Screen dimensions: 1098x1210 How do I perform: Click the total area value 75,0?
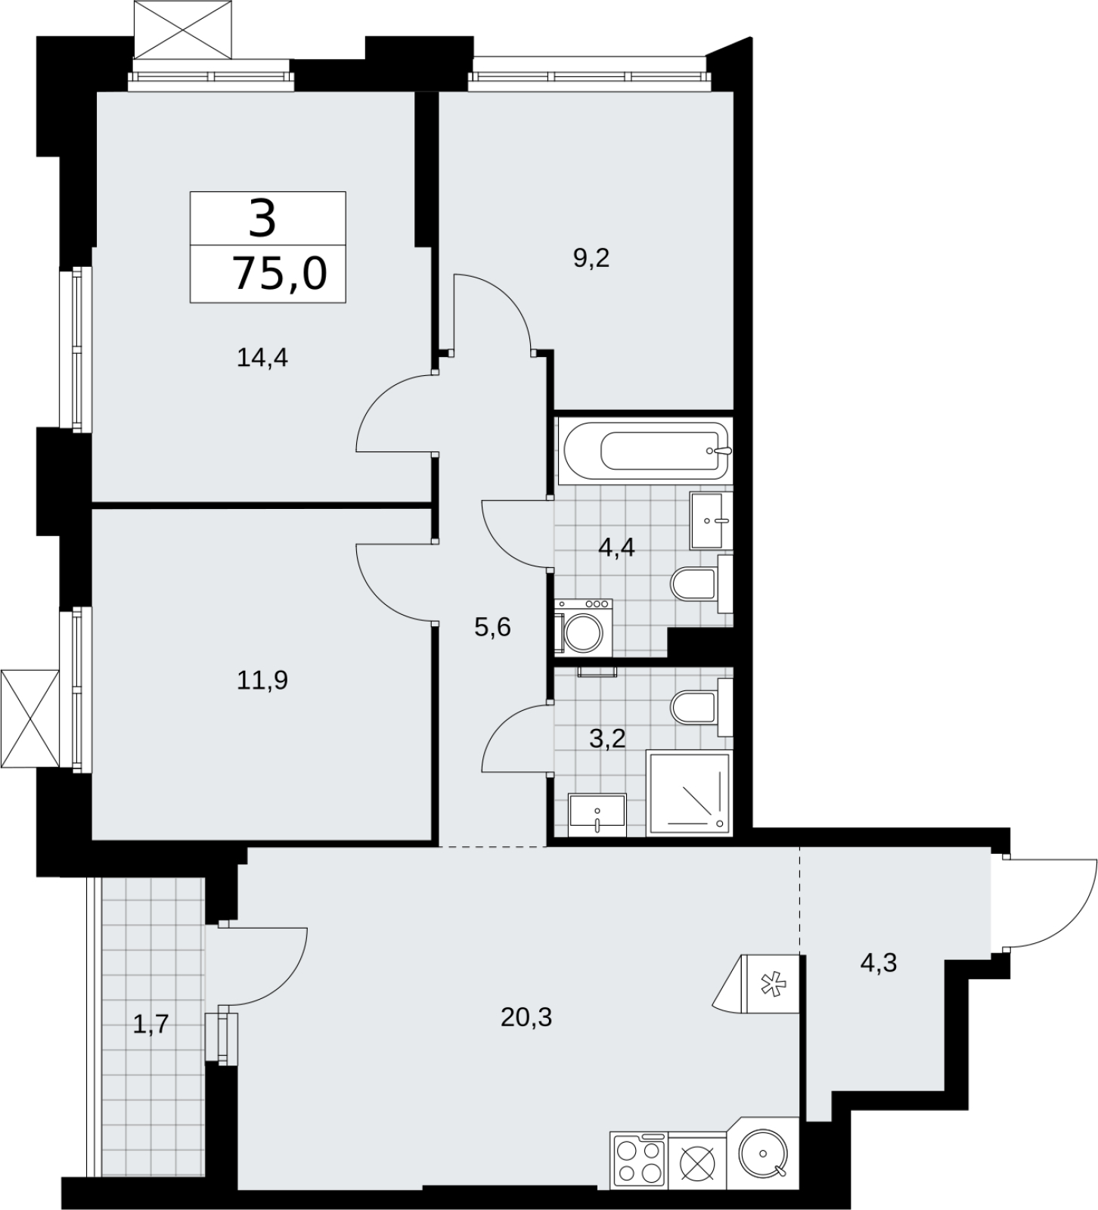click(280, 273)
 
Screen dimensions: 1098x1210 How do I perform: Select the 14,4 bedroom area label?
click(262, 357)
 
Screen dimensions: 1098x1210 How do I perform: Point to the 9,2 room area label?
click(591, 259)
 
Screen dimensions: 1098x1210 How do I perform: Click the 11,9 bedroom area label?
click(262, 681)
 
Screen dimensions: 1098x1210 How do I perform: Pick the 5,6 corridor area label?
click(493, 627)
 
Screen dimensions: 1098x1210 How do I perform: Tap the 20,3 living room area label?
click(526, 1018)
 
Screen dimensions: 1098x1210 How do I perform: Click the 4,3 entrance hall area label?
click(879, 963)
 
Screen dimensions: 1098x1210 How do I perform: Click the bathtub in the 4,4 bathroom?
click(643, 451)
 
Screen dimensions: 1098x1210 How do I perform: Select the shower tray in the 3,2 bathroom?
click(689, 793)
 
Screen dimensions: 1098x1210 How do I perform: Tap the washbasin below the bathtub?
click(712, 520)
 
